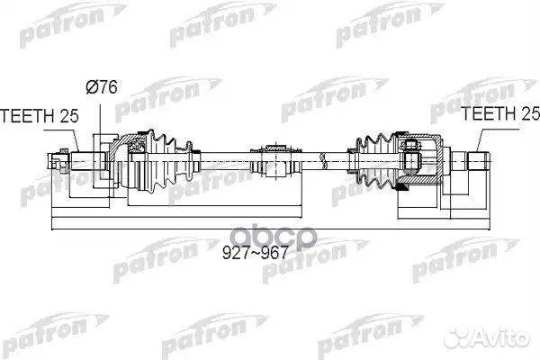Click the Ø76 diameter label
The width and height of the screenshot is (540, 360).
102,86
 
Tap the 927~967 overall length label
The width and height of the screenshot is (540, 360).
255,253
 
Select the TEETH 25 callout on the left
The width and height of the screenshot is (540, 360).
40,116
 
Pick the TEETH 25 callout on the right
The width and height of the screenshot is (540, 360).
500,113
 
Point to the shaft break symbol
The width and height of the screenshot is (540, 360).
323,160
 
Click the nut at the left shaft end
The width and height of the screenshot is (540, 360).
63,160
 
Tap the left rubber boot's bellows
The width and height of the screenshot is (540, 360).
166,160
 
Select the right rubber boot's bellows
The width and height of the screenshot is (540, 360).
374,160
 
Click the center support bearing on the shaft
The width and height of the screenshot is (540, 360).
275,160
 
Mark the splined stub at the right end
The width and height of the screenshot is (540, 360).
478,160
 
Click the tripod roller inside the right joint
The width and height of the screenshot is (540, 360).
412,156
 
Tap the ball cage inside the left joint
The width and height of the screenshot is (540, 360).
137,146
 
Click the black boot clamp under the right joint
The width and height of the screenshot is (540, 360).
402,187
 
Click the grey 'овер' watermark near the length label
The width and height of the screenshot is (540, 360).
274,237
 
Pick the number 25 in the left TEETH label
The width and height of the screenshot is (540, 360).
69,116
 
